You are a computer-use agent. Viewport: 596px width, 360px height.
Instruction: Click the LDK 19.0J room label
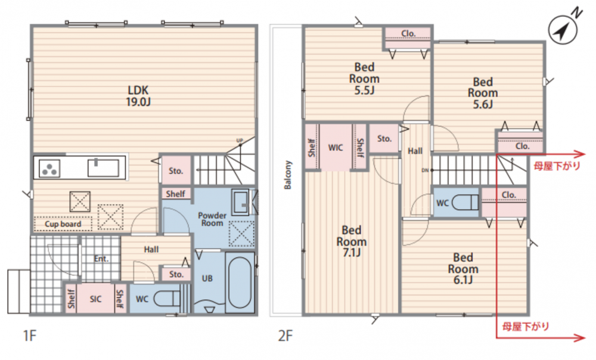tap(138, 96)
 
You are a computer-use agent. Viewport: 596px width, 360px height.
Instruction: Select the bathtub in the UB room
tap(240, 283)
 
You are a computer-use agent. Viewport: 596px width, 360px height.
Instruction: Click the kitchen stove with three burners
tap(49, 168)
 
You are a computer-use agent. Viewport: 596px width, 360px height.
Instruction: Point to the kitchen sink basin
tap(103, 167)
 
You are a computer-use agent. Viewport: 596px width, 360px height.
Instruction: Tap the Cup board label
tap(63, 224)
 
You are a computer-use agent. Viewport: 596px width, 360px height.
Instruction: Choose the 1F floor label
tap(30, 336)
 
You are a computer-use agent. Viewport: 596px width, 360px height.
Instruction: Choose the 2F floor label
tap(285, 336)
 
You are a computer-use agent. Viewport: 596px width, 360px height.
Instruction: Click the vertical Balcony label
tap(288, 175)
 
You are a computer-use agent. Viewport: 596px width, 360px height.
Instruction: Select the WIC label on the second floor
tap(335, 147)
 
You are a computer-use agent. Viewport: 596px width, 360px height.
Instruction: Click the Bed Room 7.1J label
tap(352, 241)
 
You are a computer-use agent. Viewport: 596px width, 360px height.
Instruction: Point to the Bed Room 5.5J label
tap(364, 79)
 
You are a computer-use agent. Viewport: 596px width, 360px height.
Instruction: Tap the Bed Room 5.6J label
tap(483, 93)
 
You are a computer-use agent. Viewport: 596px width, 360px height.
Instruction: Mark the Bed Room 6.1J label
tap(463, 269)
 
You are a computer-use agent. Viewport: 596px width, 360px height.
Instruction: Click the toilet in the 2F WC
tap(465, 202)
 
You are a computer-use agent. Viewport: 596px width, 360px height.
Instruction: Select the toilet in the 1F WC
tap(167, 299)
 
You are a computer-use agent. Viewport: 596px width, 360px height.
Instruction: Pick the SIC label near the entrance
tap(96, 299)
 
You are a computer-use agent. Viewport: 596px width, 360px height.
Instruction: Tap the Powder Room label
tap(212, 219)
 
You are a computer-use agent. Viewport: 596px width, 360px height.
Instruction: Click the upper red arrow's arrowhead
tap(580, 154)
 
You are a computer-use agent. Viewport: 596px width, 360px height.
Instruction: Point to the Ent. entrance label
tap(101, 259)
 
